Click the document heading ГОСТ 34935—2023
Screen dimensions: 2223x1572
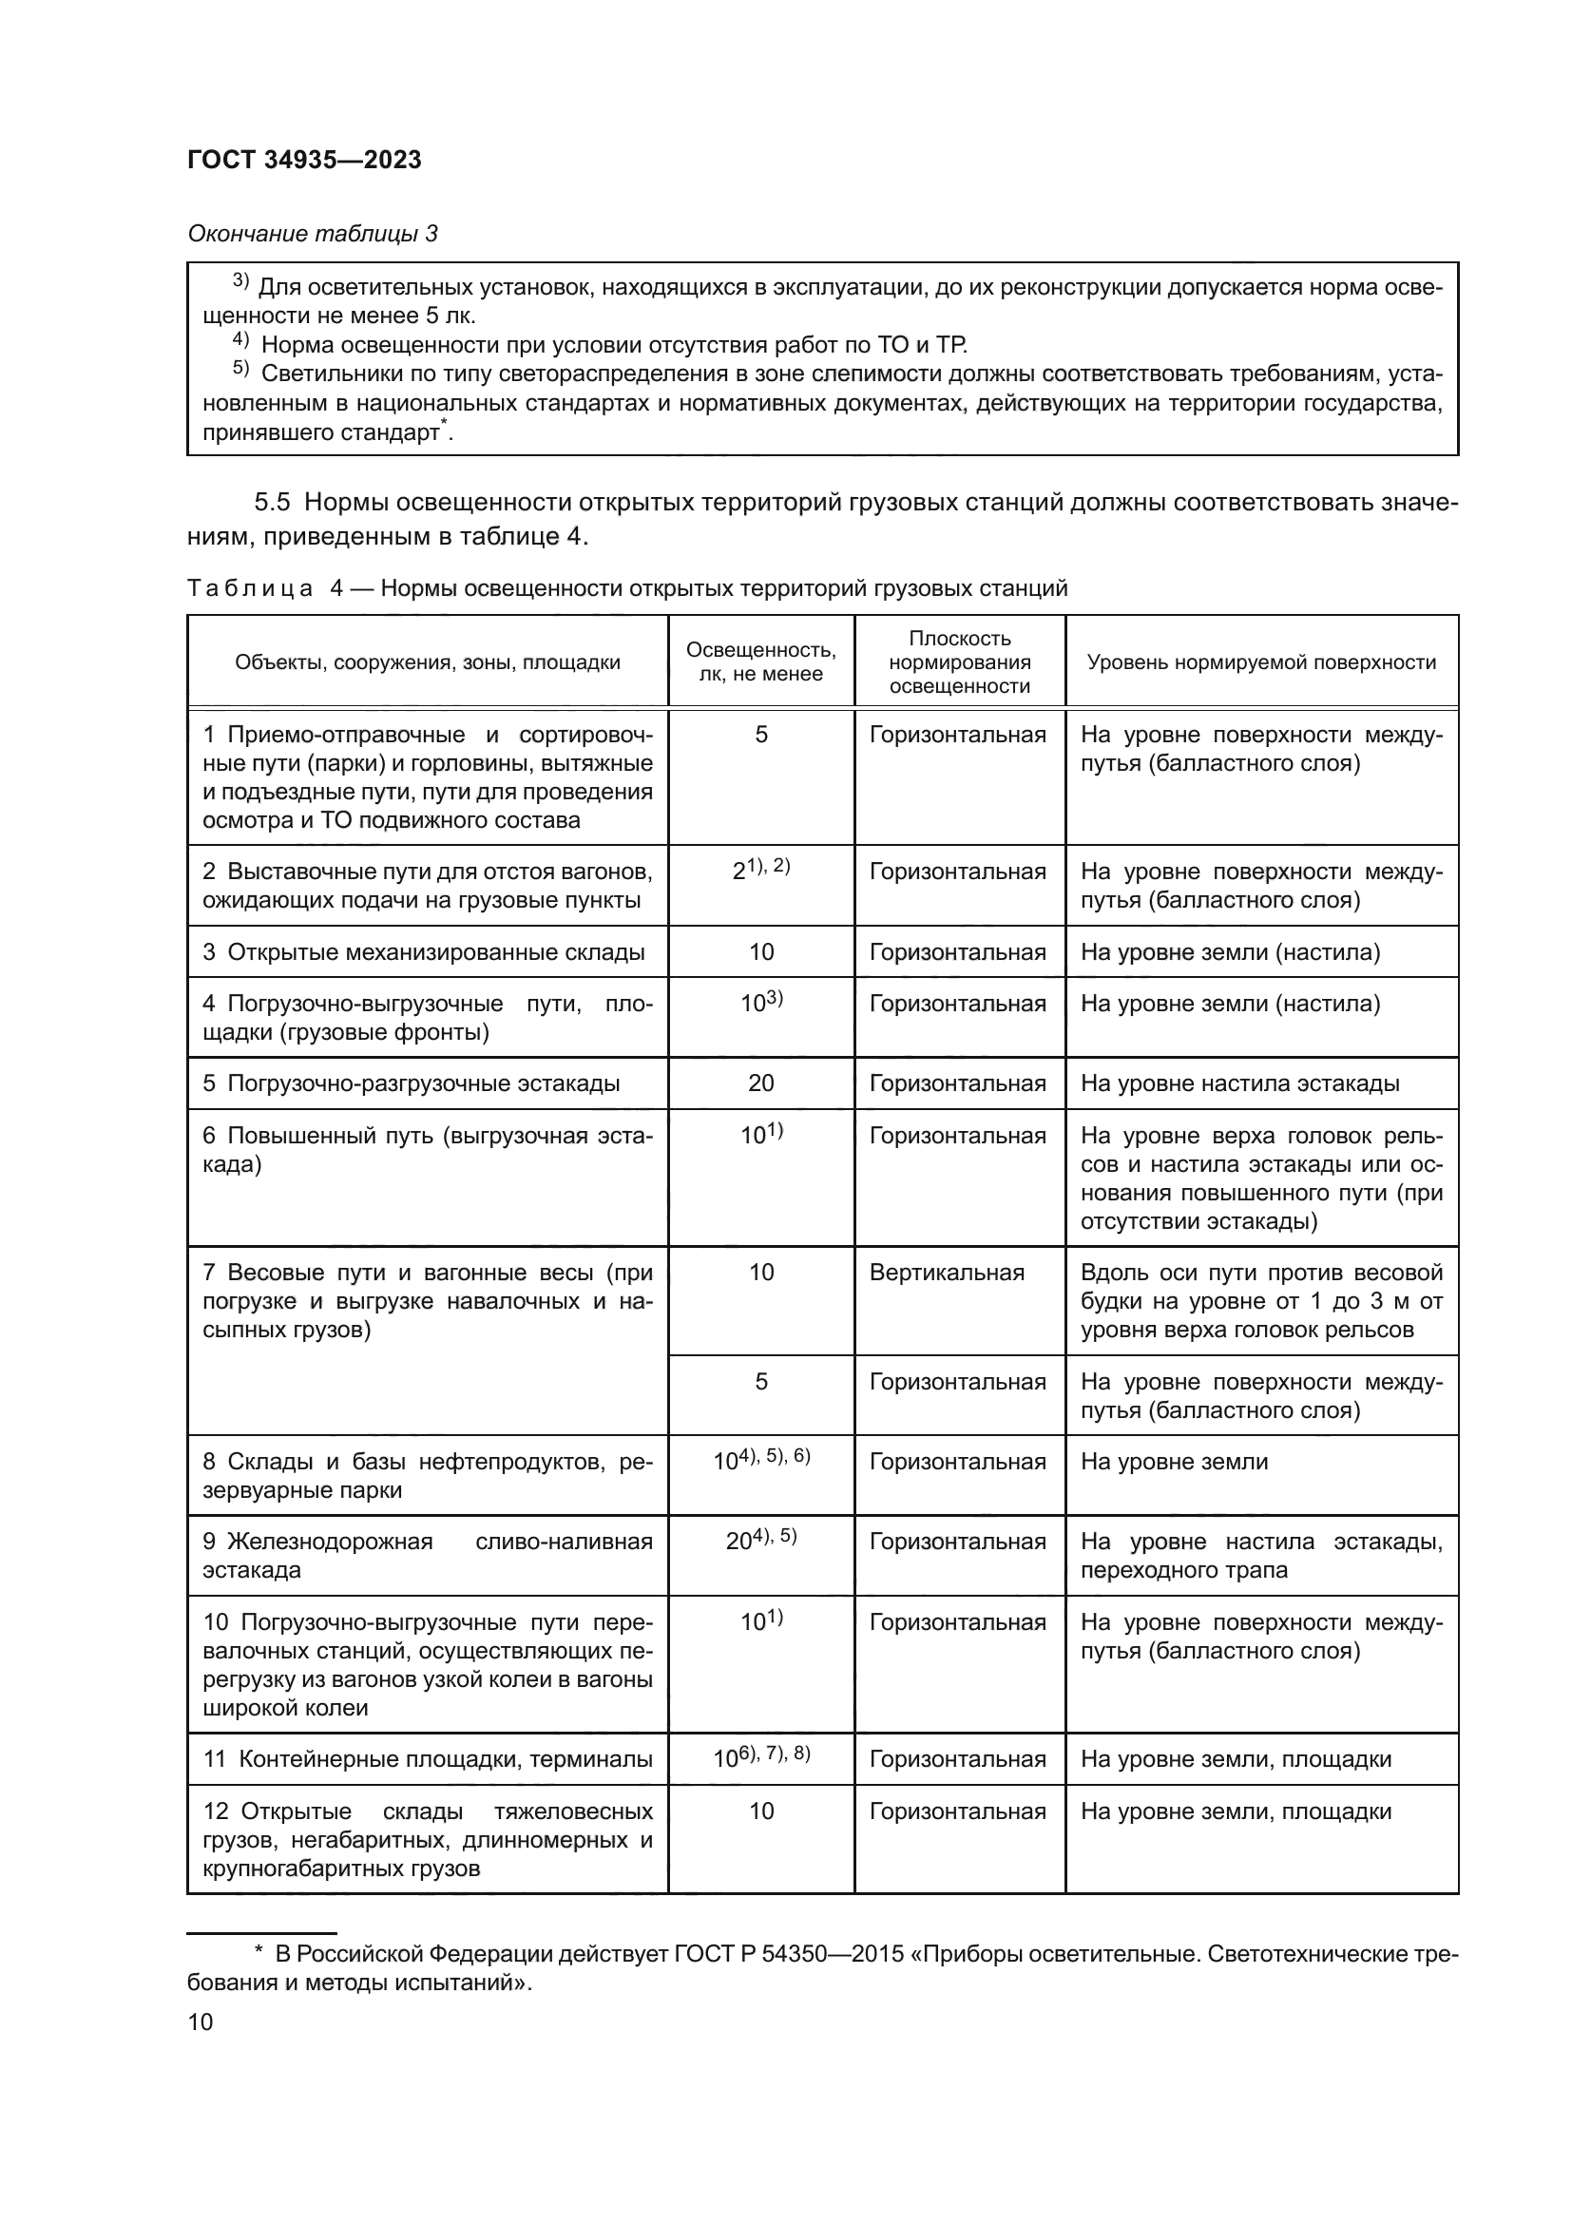point(304,161)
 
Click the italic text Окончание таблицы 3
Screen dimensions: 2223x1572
point(312,235)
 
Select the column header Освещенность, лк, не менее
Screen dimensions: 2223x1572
point(761,662)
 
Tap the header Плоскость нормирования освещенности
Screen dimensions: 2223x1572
point(959,662)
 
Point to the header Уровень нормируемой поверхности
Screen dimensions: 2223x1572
point(1260,662)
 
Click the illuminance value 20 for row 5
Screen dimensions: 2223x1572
point(761,1083)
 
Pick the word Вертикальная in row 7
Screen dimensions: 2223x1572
point(946,1273)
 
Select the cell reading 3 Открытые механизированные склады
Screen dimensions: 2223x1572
point(424,952)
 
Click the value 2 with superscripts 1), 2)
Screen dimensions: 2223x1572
point(761,871)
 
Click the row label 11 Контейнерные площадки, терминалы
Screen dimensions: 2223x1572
point(427,1759)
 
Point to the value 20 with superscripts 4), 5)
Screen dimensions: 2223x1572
point(761,1540)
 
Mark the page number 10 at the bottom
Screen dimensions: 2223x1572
point(201,2022)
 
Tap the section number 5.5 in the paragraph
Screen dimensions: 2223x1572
point(272,503)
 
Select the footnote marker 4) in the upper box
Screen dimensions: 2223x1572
point(241,342)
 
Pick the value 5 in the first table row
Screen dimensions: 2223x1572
point(761,735)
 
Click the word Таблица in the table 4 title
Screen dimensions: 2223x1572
point(250,588)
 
